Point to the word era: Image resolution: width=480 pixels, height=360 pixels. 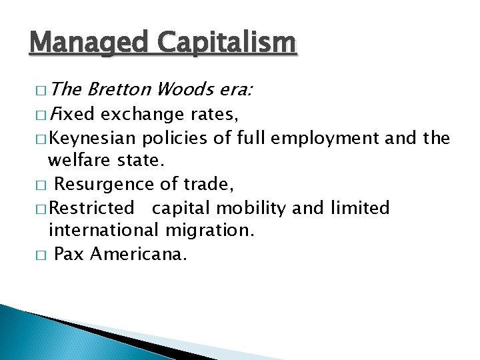click(233, 90)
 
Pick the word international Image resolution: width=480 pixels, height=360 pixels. click(100, 231)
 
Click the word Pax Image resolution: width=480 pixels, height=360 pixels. click(69, 255)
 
